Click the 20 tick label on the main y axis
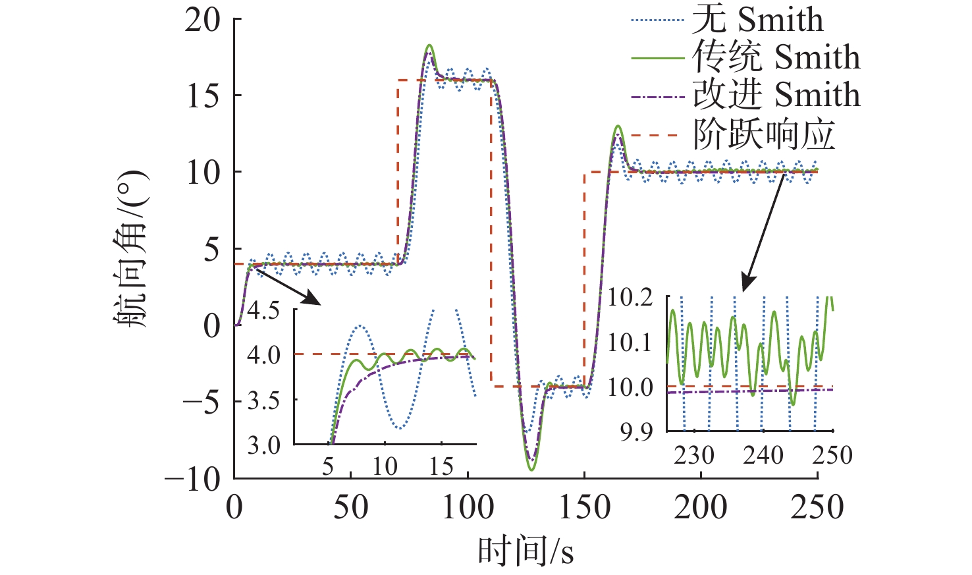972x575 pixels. point(202,20)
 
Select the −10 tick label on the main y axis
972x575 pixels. point(192,479)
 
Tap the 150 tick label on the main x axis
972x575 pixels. point(584,508)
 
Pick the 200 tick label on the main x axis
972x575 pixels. point(701,508)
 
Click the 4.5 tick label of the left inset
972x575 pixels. point(263,310)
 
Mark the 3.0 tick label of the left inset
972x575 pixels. point(263,446)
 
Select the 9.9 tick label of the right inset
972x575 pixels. point(636,432)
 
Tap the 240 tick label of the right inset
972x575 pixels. point(763,455)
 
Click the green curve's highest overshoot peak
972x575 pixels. point(429,45)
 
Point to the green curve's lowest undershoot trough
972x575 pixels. point(531,469)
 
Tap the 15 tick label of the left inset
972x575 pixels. point(442,467)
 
